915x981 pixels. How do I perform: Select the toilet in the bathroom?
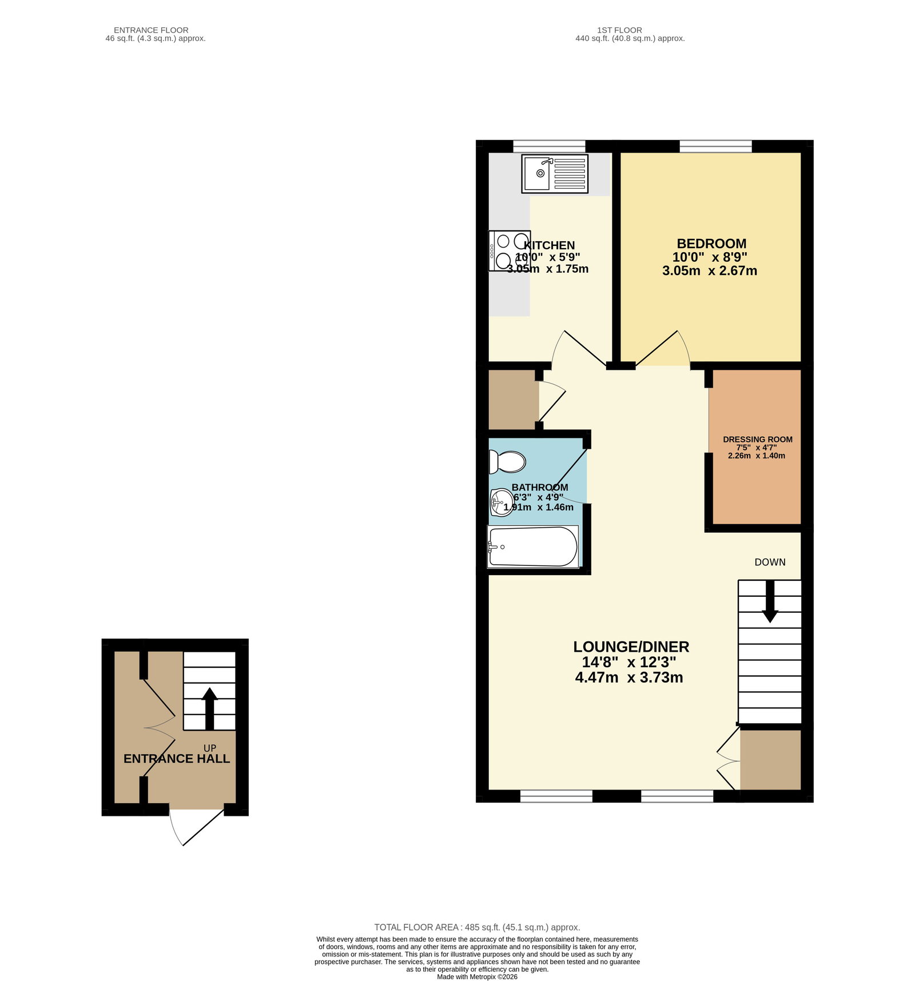(507, 461)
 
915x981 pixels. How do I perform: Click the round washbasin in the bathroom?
(502, 503)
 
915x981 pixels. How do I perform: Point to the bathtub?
(533, 547)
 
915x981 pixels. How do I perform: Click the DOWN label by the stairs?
(770, 562)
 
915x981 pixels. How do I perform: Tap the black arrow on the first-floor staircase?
(770, 601)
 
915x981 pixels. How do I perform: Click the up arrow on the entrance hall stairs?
(209, 708)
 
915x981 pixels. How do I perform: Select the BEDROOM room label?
(711, 244)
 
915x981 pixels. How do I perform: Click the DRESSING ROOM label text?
(757, 439)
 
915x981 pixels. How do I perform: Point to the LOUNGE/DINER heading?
(631, 647)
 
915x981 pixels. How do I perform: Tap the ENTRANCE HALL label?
(177, 759)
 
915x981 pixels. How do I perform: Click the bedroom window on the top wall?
(715, 146)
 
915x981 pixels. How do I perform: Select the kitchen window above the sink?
(549, 146)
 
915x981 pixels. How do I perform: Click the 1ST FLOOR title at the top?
(619, 30)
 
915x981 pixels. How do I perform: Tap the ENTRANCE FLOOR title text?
(151, 30)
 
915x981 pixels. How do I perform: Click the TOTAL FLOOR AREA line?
(477, 927)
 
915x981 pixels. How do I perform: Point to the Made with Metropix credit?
(477, 976)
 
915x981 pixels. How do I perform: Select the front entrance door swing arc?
(174, 828)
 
